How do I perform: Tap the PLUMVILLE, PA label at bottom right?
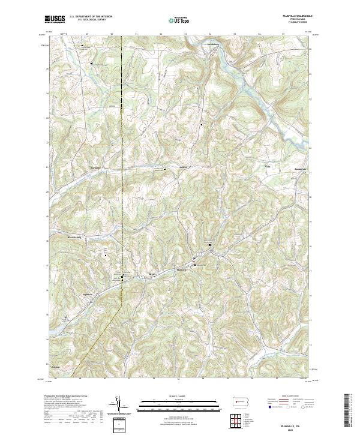296,422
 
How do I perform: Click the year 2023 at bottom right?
296,427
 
